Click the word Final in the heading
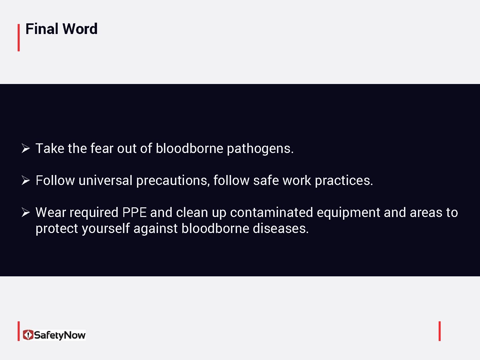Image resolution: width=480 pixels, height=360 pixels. point(42,29)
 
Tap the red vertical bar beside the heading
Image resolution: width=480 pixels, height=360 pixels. point(19,37)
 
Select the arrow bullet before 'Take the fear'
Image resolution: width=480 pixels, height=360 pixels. point(26,148)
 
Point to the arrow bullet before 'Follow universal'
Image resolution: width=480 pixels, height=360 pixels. point(26,180)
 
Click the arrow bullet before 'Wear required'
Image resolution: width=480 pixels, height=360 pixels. point(26,212)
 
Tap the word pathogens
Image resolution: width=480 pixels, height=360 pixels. point(260,149)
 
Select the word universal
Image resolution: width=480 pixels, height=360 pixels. point(106,180)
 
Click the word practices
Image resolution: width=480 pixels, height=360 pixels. point(344,181)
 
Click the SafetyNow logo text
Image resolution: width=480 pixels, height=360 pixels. point(60,335)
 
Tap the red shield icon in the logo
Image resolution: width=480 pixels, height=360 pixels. point(28,335)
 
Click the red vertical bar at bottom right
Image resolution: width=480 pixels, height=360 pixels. point(440,331)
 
